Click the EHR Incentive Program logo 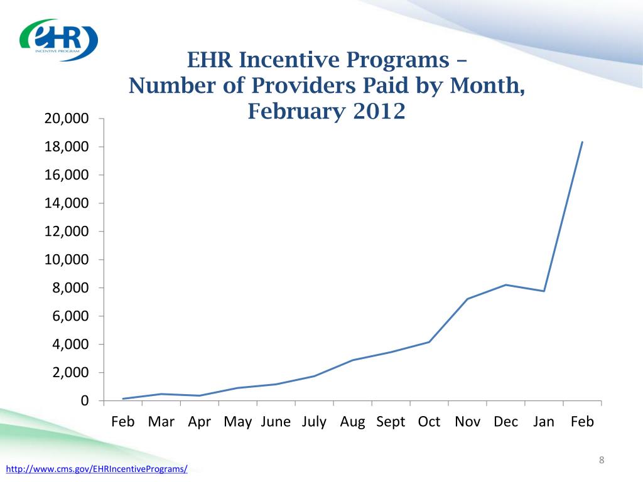(x=59, y=40)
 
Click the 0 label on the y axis (x=84, y=401)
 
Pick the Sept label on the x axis (x=391, y=422)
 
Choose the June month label (x=276, y=422)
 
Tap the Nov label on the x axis (x=467, y=422)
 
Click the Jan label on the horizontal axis (x=544, y=422)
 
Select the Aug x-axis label (x=352, y=422)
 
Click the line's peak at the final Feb (x=582, y=142)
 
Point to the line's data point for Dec (x=505, y=285)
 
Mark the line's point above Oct (x=429, y=342)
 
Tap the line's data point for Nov (x=467, y=299)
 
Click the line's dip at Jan (x=544, y=291)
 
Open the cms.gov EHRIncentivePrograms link (x=97, y=469)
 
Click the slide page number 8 (x=602, y=461)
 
